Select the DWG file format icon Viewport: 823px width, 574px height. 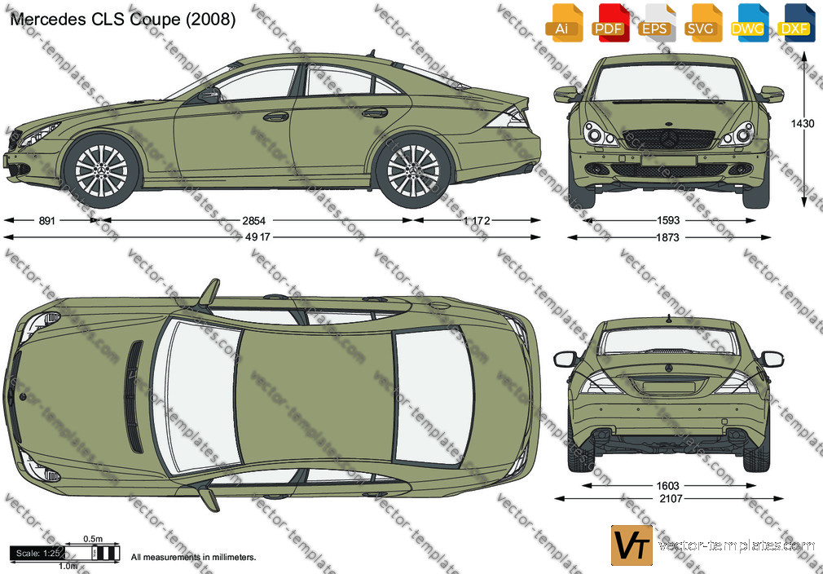click(x=748, y=23)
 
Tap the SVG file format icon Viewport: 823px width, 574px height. click(x=702, y=23)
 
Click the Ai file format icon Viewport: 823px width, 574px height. click(x=563, y=23)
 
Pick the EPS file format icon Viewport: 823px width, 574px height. click(x=656, y=23)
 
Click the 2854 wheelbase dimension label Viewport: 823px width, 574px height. click(x=253, y=221)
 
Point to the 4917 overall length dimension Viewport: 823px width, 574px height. click(x=257, y=237)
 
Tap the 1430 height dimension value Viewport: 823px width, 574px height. click(x=803, y=124)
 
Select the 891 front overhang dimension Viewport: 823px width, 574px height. click(x=46, y=221)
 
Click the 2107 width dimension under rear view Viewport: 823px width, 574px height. click(x=671, y=499)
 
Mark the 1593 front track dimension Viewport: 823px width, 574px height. click(x=668, y=221)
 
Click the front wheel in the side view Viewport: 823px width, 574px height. click(x=101, y=170)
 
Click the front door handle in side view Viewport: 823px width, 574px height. click(x=275, y=117)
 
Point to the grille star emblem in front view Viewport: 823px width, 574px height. click(x=669, y=139)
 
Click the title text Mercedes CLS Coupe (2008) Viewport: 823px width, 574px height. click(x=123, y=20)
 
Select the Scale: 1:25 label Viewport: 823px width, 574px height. click(x=37, y=554)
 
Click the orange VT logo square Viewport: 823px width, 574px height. click(x=632, y=545)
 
